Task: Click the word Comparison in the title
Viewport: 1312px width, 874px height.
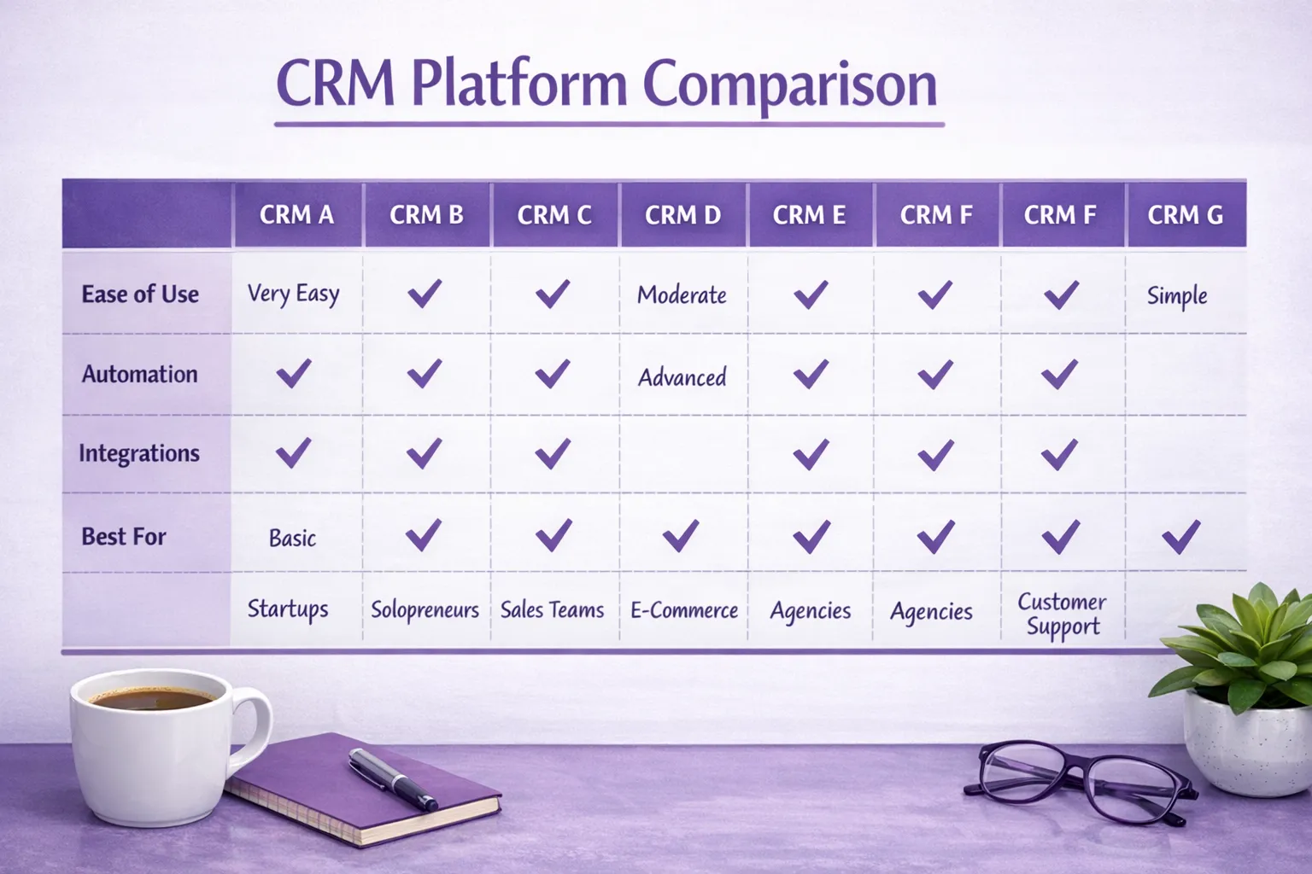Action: click(x=789, y=85)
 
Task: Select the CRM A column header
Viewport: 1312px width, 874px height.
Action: click(x=296, y=215)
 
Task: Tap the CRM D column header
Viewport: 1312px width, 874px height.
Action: click(x=682, y=215)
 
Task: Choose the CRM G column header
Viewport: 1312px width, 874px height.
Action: click(x=1185, y=215)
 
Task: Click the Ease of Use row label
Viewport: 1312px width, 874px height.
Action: click(x=140, y=294)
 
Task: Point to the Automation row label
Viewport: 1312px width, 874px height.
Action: click(x=139, y=374)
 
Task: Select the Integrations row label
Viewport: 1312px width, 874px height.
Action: click(x=139, y=453)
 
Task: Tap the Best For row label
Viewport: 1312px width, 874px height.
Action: click(x=124, y=536)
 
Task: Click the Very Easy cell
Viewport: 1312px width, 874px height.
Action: click(x=293, y=294)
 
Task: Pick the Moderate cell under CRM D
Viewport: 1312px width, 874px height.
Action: click(x=682, y=295)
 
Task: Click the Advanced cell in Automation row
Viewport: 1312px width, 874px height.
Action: click(x=682, y=377)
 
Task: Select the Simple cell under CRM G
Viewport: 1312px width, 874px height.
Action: click(x=1177, y=296)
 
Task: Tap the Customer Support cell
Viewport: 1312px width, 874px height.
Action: click(x=1062, y=614)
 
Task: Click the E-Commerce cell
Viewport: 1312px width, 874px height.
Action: click(x=683, y=610)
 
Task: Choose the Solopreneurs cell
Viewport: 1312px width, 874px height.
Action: click(x=425, y=610)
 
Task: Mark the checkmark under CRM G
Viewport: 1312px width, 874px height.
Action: click(x=1181, y=537)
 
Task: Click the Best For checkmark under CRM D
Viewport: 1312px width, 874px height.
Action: click(x=681, y=536)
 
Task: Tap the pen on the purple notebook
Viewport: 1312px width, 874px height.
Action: click(x=392, y=778)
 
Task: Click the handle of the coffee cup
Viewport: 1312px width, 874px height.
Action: click(x=254, y=725)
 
